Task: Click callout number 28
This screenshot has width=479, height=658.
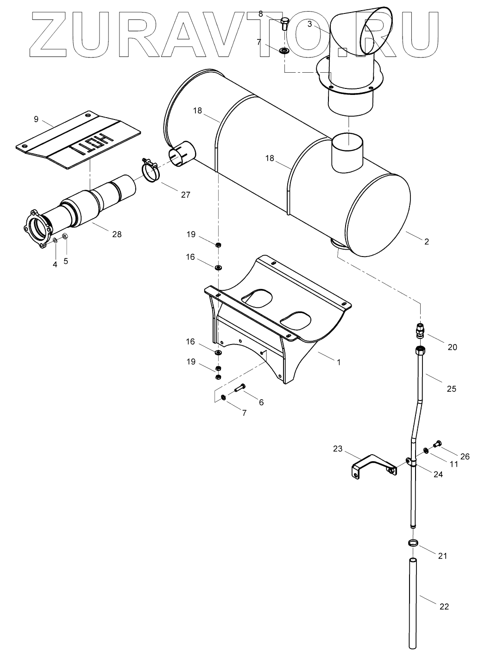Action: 117,234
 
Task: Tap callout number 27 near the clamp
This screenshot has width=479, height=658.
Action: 185,195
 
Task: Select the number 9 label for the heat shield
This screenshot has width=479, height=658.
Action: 36,119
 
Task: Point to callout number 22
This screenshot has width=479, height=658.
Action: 444,606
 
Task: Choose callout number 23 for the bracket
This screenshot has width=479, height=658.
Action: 338,449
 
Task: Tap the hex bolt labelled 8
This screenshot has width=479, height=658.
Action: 285,23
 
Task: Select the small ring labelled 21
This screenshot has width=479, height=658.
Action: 414,543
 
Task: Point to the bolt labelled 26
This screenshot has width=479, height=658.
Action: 436,445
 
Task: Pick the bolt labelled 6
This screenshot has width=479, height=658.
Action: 240,388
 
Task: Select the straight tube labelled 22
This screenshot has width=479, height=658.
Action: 414,602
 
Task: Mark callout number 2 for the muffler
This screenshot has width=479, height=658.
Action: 427,241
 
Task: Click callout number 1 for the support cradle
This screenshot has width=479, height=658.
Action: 339,362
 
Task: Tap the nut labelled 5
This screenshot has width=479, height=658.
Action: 65,237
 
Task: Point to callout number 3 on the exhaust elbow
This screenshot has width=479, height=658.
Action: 309,24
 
